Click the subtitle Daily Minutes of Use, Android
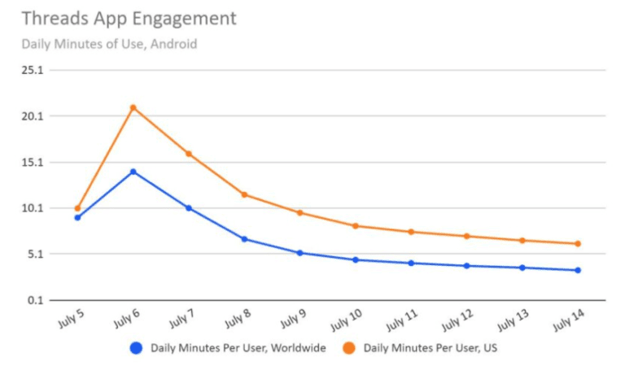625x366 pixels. tap(109, 44)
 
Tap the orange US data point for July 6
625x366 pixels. tap(133, 107)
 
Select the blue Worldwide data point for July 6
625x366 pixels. tap(133, 172)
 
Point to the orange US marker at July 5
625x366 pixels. tap(77, 208)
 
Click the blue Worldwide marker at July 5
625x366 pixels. tap(77, 217)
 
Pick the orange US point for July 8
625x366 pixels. tap(244, 194)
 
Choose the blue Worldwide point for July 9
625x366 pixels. tap(299, 253)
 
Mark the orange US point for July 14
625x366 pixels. tap(578, 244)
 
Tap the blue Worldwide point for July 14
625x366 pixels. tap(578, 270)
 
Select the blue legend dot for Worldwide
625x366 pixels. tap(136, 348)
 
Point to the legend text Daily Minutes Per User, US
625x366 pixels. tap(430, 348)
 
